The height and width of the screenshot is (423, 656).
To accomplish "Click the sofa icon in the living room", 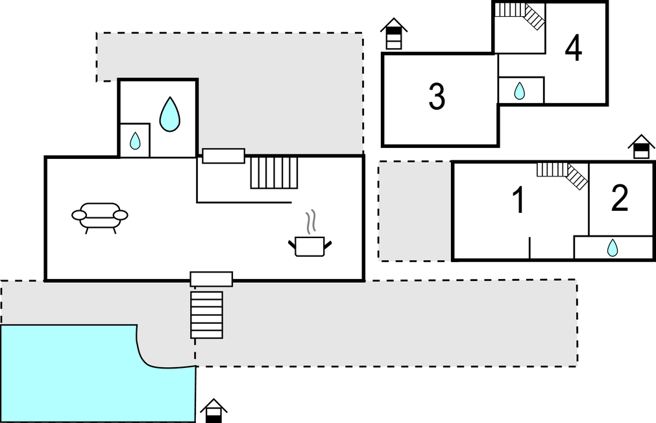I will point(99,216).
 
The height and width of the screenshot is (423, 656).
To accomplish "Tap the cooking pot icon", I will point(310,246).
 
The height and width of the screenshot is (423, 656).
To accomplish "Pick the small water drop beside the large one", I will point(135,140).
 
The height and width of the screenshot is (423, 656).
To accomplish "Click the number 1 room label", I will point(518,200).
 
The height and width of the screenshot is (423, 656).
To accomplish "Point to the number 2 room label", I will point(620,199).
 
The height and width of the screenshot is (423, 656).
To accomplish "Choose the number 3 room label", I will point(437,97).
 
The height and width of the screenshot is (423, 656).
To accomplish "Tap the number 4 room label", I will point(573,48).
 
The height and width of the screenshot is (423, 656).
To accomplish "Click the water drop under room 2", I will point(612,247).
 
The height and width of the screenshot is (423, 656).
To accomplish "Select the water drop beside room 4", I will point(520,91).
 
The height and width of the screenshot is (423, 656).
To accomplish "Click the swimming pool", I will point(84,376).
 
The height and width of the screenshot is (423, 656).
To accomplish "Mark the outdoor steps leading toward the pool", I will point(206,315).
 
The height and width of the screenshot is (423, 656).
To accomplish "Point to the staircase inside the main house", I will point(274,173).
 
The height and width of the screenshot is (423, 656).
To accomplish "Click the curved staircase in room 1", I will point(563,173).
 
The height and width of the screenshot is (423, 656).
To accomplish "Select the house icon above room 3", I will point(393,34).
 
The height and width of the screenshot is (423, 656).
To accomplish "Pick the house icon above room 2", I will point(641,147).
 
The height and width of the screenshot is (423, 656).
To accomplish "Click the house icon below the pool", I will point(213,411).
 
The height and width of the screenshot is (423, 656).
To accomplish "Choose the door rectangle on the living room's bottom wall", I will point(211,279).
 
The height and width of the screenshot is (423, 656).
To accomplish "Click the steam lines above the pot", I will point(311,221).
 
